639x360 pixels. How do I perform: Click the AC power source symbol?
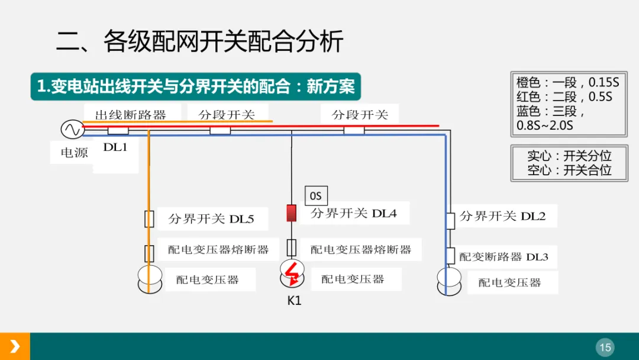point(72,128)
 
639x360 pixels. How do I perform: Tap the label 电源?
point(74,153)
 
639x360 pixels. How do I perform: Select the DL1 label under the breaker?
point(115,147)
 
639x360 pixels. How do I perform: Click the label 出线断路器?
point(130,115)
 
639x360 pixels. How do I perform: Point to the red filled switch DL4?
point(291,213)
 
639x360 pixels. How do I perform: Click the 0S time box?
point(316,196)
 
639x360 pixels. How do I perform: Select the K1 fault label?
point(295,300)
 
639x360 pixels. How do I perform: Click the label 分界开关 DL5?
point(211,219)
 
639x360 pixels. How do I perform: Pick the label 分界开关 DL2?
point(502,217)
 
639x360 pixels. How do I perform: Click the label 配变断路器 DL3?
point(504,257)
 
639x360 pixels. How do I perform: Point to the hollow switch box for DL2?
point(450,220)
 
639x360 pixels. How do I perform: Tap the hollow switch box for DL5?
point(150,218)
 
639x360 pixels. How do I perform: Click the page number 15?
point(605,347)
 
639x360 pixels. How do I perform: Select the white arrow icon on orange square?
point(15,346)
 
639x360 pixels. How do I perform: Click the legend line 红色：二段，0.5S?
point(564,97)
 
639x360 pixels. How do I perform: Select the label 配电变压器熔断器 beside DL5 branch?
point(218,250)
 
